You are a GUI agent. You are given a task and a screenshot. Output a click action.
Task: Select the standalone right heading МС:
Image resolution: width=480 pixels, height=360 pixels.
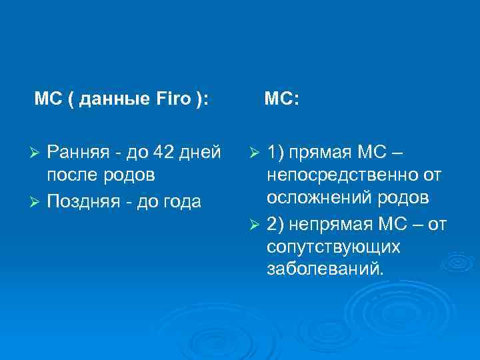click(281, 99)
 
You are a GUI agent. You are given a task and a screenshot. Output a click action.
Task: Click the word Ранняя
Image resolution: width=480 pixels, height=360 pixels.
click(73, 153)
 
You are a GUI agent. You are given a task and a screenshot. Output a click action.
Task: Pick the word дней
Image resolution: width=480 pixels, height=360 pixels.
click(202, 153)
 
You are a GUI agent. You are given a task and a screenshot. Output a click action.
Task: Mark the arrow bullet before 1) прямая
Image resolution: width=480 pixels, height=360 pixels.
click(254, 153)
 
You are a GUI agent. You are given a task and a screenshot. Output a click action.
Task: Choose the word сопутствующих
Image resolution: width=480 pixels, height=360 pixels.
click(333, 247)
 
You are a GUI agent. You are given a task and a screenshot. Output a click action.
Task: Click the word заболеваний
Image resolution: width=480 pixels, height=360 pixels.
click(325, 270)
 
